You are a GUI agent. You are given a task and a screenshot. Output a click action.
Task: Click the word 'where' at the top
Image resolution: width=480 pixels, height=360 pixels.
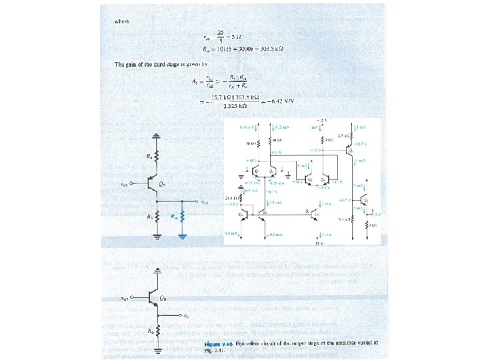tap(122, 21)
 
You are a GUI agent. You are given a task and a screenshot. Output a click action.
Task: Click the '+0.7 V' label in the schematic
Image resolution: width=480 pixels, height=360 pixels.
tap(347, 199)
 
